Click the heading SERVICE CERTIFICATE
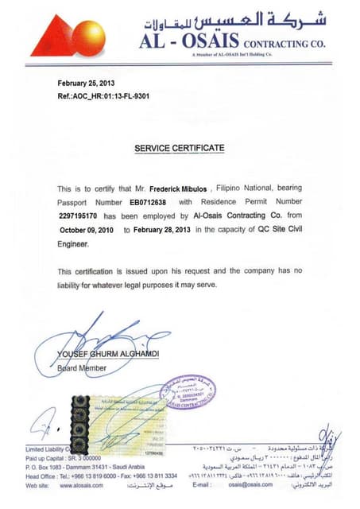pos(179,148)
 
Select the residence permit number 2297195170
pos(78,216)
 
